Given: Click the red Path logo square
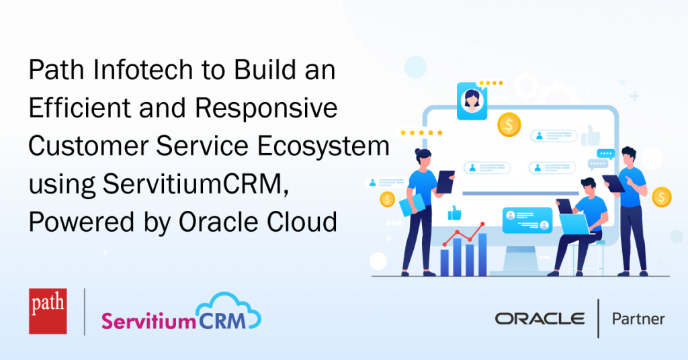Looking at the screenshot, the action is (48, 312).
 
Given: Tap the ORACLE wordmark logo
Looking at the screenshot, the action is (540, 319).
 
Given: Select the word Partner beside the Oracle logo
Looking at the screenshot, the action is (638, 319).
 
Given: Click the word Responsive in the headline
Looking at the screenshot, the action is (266, 108).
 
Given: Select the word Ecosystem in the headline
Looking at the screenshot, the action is (323, 146).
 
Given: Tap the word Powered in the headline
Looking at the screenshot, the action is (81, 222).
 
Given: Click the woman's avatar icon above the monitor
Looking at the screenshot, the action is (472, 101).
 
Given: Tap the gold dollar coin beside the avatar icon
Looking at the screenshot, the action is (509, 125).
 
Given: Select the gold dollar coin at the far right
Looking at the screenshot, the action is (662, 197).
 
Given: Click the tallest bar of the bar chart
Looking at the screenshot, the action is (482, 255).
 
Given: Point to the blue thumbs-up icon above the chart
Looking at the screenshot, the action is (455, 213).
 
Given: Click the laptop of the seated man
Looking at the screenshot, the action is (574, 224).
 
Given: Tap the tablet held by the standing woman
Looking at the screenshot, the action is (445, 182).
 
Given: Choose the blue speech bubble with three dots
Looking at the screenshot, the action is (605, 154).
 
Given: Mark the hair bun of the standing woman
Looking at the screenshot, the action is (418, 152).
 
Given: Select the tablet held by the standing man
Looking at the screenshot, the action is (613, 183).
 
